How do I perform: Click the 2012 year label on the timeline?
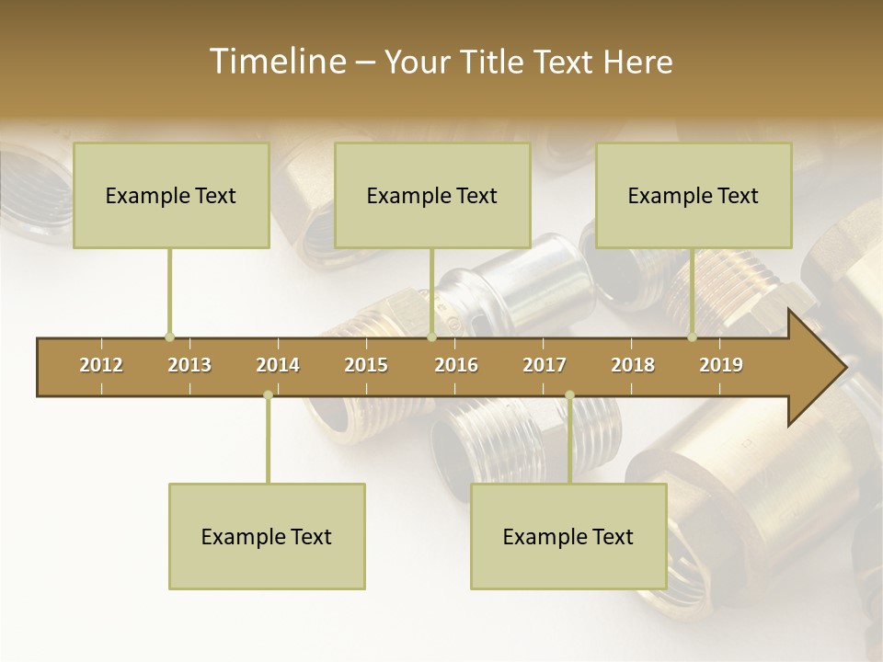(x=101, y=365)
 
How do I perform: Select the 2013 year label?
(x=189, y=365)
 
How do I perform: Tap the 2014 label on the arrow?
(x=278, y=365)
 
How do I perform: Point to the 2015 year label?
(x=366, y=365)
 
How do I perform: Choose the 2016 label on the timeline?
(x=456, y=365)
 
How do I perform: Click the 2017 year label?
(x=545, y=365)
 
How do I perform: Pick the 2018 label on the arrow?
(x=633, y=365)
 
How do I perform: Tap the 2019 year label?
(x=721, y=365)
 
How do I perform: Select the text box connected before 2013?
(x=171, y=195)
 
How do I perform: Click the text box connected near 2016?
(x=432, y=195)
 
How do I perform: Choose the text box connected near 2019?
(x=694, y=195)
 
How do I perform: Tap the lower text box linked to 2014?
(x=267, y=536)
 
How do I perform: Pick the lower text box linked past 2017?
(x=568, y=536)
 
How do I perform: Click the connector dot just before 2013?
(x=169, y=337)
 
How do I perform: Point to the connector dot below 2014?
(x=268, y=395)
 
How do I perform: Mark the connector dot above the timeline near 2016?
(x=431, y=337)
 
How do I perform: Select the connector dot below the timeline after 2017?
(x=569, y=395)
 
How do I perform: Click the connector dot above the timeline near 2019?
(x=692, y=337)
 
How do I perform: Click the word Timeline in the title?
(x=276, y=62)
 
